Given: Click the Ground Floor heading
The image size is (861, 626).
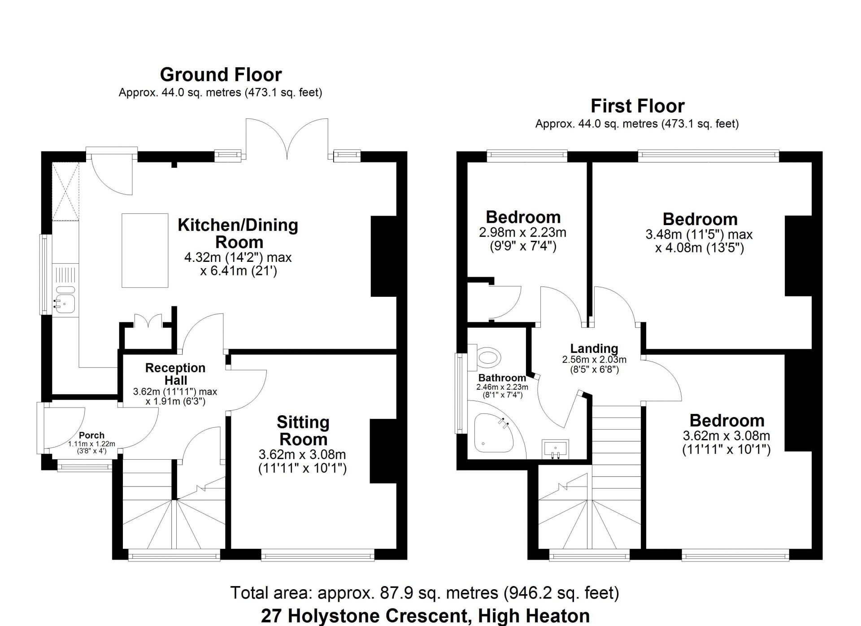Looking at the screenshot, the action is point(221,74).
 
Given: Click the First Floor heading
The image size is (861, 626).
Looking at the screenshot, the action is point(637,106).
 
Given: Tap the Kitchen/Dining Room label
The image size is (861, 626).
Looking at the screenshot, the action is point(238,233).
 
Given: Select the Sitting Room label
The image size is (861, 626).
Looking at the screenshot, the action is point(303,430).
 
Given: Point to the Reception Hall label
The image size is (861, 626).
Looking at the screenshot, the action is point(175,374).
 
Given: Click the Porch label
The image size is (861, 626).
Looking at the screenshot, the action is point(91,435).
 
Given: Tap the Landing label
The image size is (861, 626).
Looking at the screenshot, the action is point(594,348).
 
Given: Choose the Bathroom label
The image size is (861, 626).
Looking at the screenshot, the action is point(502,378).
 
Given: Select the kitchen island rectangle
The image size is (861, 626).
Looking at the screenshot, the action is point(145,250).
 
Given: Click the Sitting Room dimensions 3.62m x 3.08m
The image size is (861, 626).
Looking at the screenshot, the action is point(302,455).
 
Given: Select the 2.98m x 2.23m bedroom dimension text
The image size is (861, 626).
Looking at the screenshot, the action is point(523,232).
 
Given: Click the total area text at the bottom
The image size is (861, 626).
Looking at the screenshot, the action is point(425,593).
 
